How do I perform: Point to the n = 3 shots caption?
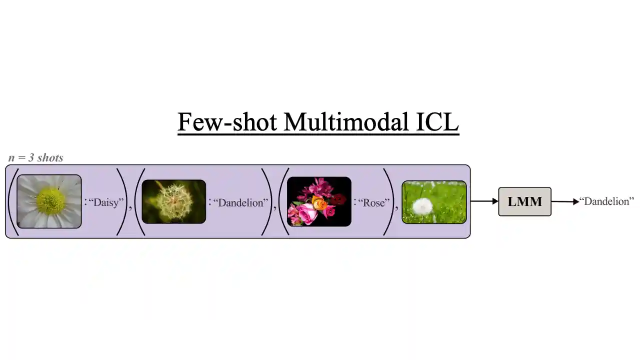(36, 158)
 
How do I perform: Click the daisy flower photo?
(49, 201)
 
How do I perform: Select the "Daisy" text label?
(106, 202)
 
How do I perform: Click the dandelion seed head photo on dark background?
(173, 201)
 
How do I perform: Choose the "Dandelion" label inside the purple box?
(241, 202)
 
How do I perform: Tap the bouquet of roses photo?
(319, 201)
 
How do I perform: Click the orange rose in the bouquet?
(319, 203)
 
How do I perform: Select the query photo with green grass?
(434, 202)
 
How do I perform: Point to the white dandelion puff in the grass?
(423, 205)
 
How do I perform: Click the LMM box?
(524, 201)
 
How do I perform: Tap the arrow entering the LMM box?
(484, 201)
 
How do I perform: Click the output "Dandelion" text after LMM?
(607, 201)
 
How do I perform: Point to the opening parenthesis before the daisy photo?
(12, 201)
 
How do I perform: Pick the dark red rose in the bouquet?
(339, 199)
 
